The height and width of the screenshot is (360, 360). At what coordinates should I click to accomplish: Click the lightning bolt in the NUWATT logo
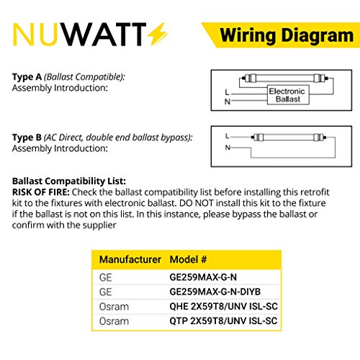(x=157, y=34)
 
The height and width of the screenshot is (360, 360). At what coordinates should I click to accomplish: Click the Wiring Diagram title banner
(x=281, y=35)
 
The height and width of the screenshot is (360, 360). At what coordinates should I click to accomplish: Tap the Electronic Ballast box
(x=288, y=95)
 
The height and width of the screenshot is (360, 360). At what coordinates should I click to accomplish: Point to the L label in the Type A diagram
(x=227, y=92)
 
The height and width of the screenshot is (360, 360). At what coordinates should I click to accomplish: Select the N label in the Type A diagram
(x=228, y=102)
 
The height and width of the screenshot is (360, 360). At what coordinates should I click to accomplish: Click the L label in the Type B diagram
(x=227, y=136)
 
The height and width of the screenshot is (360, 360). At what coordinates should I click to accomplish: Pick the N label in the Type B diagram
(x=228, y=148)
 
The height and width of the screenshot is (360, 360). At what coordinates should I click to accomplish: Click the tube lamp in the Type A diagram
(x=285, y=78)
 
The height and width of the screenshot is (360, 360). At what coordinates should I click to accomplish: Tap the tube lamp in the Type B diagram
(x=289, y=138)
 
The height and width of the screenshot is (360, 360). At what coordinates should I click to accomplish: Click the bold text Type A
(x=27, y=77)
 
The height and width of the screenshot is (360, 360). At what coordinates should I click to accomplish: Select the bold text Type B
(x=27, y=138)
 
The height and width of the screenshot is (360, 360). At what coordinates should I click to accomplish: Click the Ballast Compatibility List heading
(x=69, y=181)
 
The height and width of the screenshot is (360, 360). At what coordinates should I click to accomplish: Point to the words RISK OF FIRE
(x=41, y=192)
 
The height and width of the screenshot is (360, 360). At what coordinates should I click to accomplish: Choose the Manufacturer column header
(x=130, y=259)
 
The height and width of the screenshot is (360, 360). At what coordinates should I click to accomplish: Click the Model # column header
(x=188, y=259)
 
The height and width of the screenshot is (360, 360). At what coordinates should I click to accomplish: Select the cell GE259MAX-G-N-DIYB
(x=215, y=292)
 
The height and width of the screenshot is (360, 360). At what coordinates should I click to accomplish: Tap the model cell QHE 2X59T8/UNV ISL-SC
(x=223, y=307)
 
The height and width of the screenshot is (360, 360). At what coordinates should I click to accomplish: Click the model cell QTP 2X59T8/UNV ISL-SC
(x=223, y=321)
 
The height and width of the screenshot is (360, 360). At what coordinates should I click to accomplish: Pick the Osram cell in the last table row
(x=114, y=321)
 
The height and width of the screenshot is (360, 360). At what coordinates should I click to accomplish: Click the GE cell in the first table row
(x=106, y=277)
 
